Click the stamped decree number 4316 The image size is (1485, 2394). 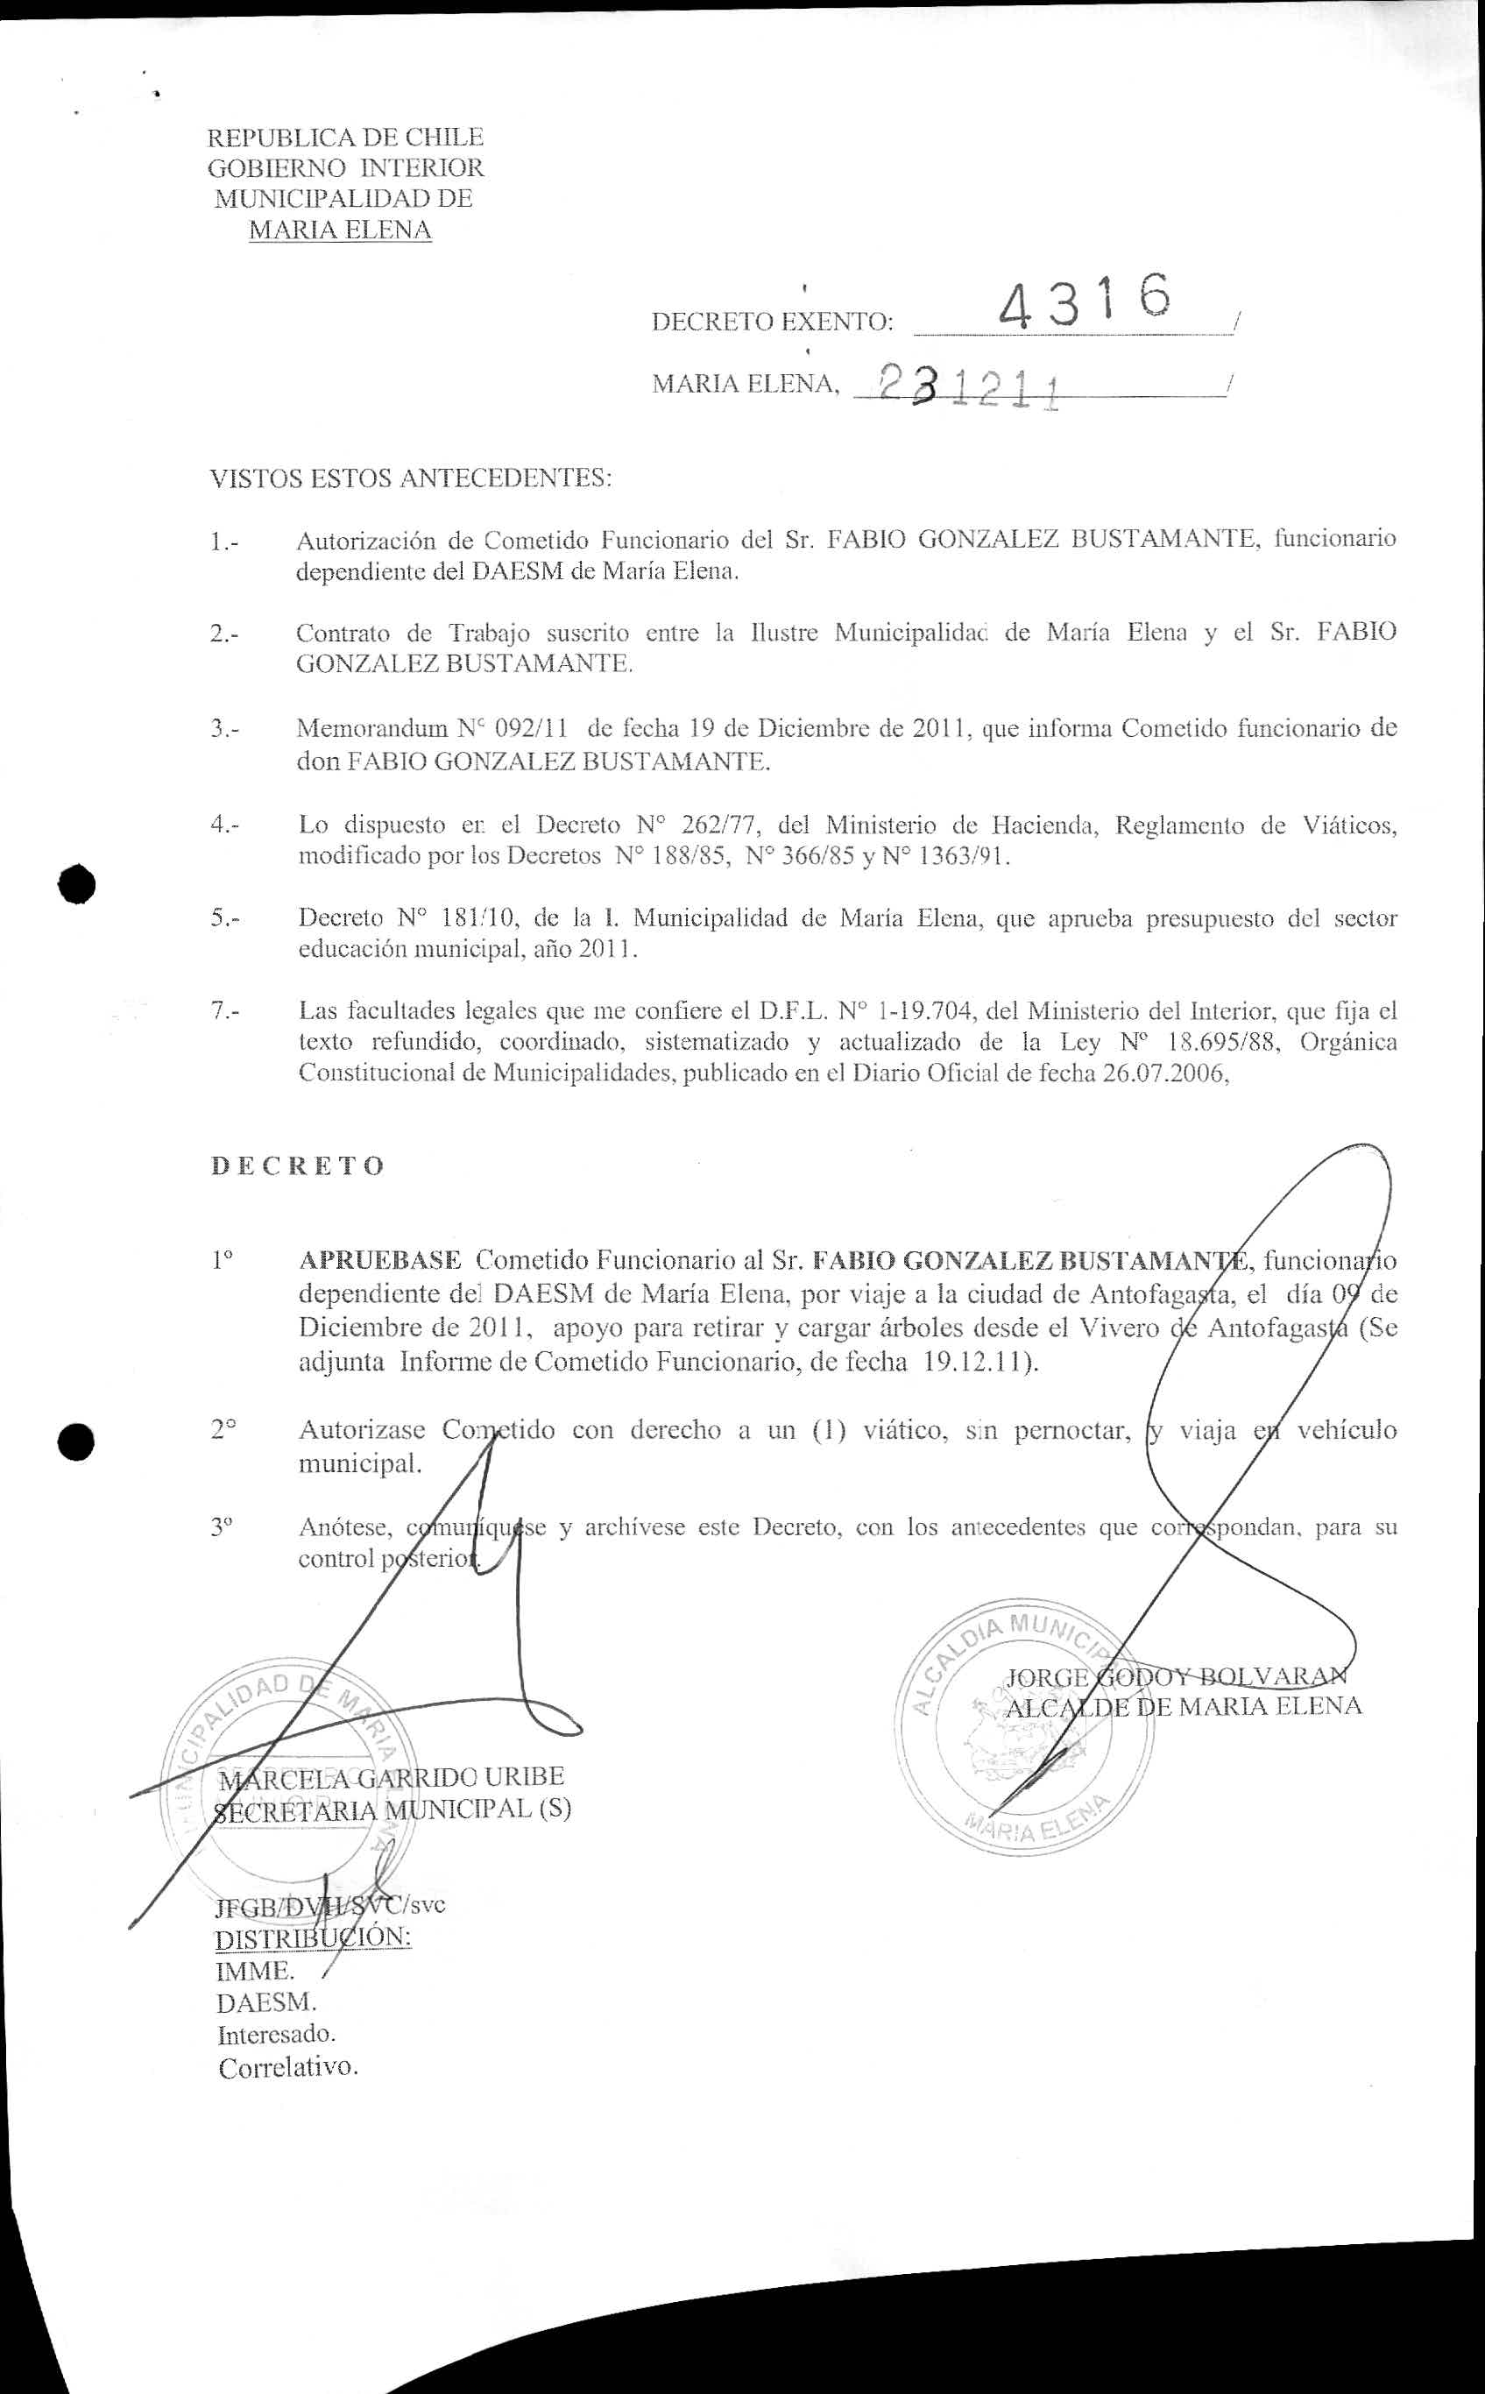pyautogui.click(x=1085, y=301)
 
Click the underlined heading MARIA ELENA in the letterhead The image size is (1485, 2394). pyautogui.click(x=340, y=230)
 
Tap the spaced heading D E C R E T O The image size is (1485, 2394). pyautogui.click(x=297, y=1166)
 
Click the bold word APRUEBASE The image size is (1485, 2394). pyautogui.click(x=379, y=1259)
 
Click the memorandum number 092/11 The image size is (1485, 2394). pyautogui.click(x=531, y=729)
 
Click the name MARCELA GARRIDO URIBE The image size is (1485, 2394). pyautogui.click(x=391, y=1777)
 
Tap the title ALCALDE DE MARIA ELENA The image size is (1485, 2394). pyautogui.click(x=1184, y=1705)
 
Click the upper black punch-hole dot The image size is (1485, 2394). pyautogui.click(x=76, y=884)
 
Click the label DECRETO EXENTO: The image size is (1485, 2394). pyautogui.click(x=773, y=322)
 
